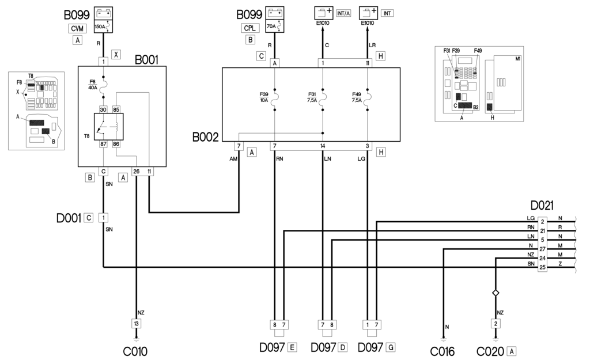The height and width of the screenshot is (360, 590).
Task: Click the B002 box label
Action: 206,138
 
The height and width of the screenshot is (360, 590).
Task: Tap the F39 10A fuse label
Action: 264,97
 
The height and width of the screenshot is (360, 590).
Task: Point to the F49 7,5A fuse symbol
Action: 368,97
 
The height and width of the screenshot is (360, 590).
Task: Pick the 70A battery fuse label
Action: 270,26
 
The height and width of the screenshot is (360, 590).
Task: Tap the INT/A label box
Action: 344,12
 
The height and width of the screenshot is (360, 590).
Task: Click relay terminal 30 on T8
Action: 104,109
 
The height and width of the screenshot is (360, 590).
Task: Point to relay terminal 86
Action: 116,143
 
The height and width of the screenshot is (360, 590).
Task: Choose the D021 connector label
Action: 542,206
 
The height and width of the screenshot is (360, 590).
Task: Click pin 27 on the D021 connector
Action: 542,249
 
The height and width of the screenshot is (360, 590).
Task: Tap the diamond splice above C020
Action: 496,294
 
